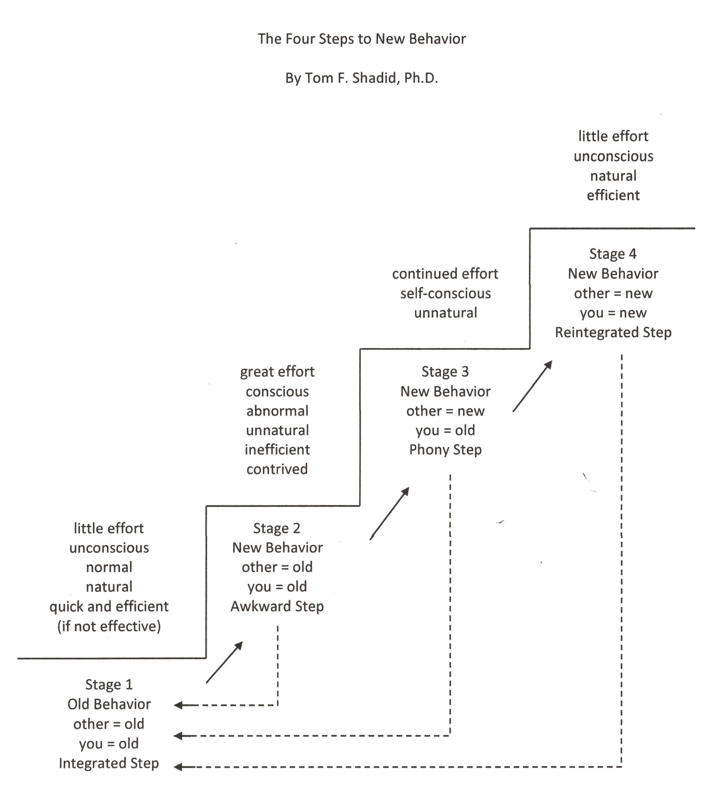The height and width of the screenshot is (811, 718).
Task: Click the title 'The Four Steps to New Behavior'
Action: coord(362,39)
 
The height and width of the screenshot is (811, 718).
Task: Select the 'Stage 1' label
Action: coord(109,684)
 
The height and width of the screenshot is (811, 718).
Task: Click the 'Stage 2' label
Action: coord(277,528)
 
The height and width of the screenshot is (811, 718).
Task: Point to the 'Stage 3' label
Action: coord(445,371)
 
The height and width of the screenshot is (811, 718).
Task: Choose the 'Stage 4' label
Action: coord(613,254)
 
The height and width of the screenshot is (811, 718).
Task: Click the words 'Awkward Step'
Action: coord(277,606)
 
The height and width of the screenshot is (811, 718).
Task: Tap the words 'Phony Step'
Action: coord(445,449)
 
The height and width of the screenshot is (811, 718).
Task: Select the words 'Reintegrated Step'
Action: coord(613,332)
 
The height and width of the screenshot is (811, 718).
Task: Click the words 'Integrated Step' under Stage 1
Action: coord(109,763)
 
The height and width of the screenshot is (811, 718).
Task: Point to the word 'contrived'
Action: coord(277,469)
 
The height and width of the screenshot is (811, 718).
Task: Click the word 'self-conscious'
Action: coord(445,293)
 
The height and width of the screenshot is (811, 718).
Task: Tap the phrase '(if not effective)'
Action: coord(109,626)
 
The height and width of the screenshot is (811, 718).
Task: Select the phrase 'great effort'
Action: coord(277,371)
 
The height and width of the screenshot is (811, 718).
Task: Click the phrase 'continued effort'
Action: coord(445,273)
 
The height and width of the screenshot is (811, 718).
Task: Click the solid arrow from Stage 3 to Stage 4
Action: coord(532,386)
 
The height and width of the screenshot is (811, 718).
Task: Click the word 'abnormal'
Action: coord(277,411)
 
